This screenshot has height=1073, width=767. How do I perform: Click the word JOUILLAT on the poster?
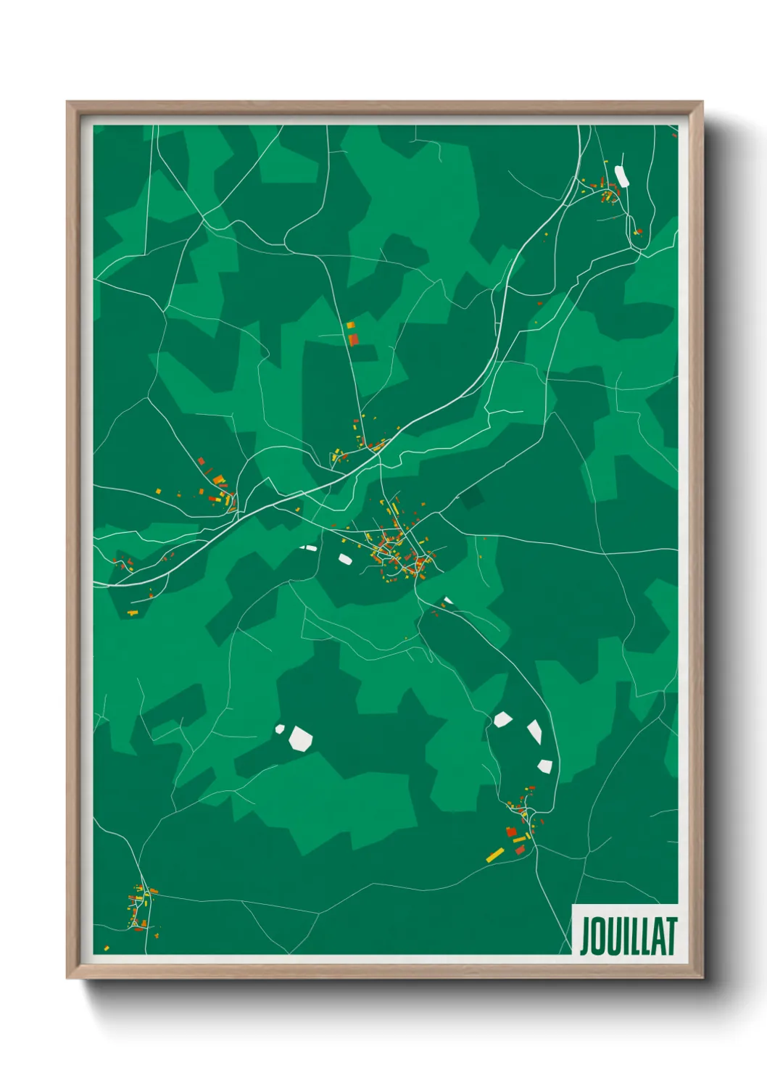(x=628, y=935)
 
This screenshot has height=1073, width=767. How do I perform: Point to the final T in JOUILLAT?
(x=671, y=935)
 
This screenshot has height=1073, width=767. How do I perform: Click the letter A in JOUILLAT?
(x=658, y=936)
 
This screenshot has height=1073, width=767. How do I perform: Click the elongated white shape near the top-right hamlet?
(x=621, y=176)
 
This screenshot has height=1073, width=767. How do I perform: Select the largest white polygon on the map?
(x=300, y=738)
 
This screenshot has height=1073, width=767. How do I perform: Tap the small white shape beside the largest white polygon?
(x=280, y=729)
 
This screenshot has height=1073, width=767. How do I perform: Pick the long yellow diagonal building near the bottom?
(x=495, y=855)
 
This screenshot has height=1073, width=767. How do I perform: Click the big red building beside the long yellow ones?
(x=511, y=832)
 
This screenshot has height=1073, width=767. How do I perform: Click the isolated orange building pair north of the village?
(x=352, y=334)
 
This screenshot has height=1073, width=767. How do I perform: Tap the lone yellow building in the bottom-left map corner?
(x=107, y=948)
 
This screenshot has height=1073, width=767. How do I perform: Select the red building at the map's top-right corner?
(x=673, y=134)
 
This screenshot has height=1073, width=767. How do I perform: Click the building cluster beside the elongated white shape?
(x=608, y=192)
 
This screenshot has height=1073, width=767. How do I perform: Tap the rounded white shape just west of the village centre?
(x=345, y=559)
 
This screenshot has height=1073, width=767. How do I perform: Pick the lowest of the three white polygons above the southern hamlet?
(x=545, y=766)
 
